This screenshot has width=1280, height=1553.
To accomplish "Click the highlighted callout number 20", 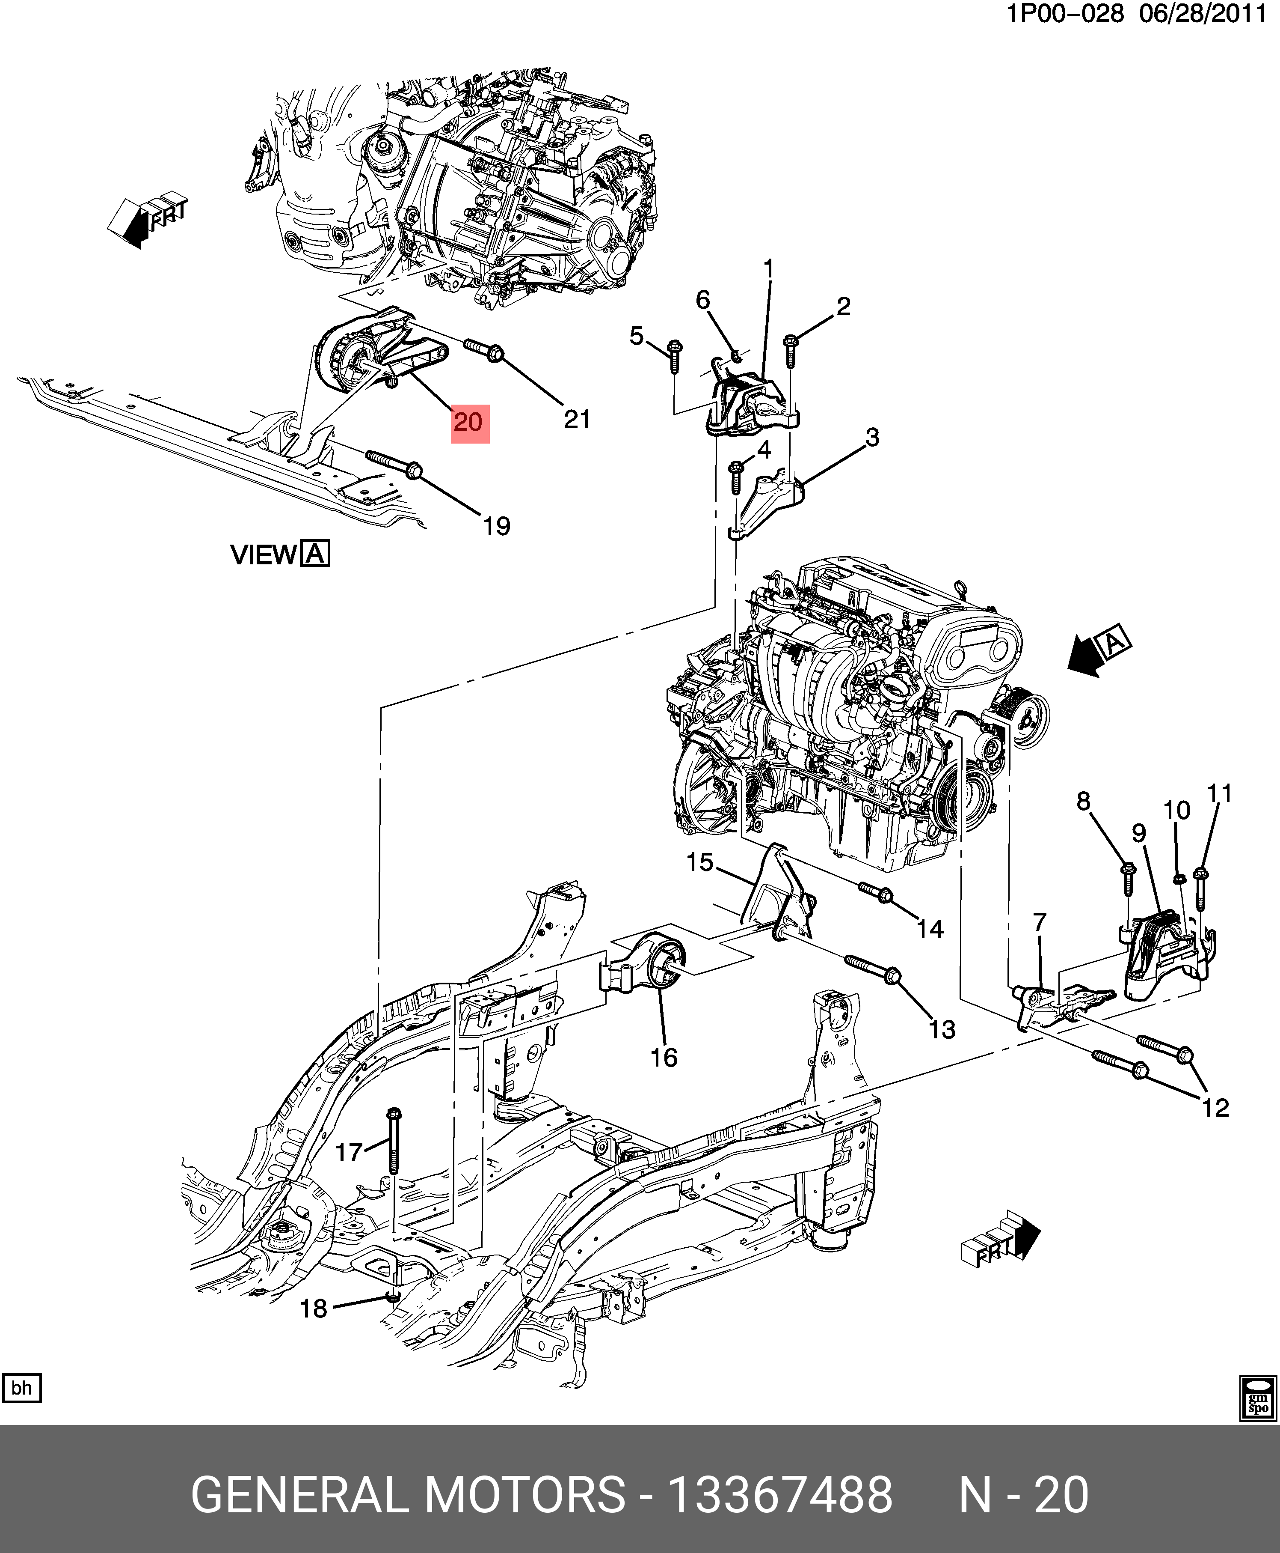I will pos(470,423).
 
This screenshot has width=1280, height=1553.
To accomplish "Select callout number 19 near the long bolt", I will pos(496,526).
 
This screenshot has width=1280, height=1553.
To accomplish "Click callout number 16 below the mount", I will pos(664,1057).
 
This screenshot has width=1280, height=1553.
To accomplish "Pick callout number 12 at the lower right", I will pos(1215,1108).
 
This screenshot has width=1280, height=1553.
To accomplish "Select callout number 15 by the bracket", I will pos(700,862).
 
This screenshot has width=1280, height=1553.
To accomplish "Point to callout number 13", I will pos(942,1029).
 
